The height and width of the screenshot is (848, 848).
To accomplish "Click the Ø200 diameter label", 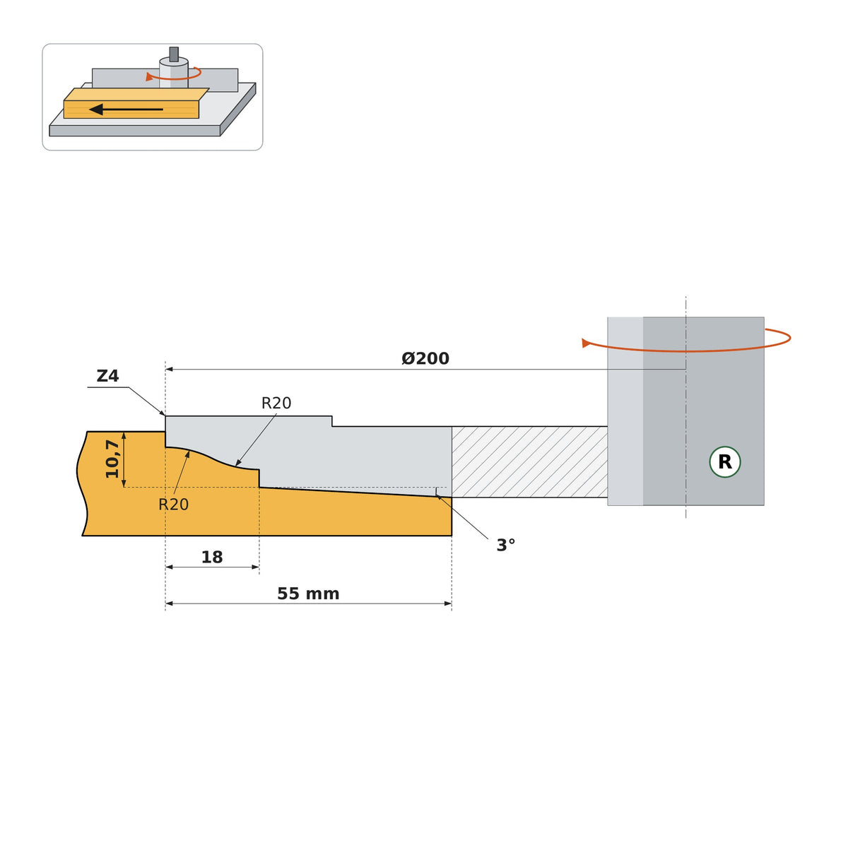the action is coord(425,359).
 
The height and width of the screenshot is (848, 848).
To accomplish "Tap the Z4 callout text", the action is coord(108,376).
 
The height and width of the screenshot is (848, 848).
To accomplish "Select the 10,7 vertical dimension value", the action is coord(112,459).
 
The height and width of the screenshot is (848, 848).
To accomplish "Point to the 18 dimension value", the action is coord(212,558).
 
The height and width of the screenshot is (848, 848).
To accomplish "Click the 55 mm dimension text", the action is coord(308,594).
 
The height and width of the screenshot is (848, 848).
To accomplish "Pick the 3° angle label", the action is coord(506,546).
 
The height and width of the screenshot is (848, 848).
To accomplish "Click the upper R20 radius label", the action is coord(276,403).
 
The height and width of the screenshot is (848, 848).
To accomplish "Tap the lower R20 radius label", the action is coord(173,505).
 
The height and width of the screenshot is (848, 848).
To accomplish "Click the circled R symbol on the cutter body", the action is coord(725,462).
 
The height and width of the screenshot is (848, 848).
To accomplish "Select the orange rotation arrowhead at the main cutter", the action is coord(586,343).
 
